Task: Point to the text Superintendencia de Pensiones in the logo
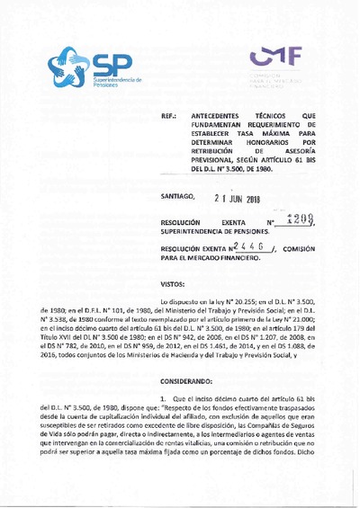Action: click(x=117, y=83)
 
